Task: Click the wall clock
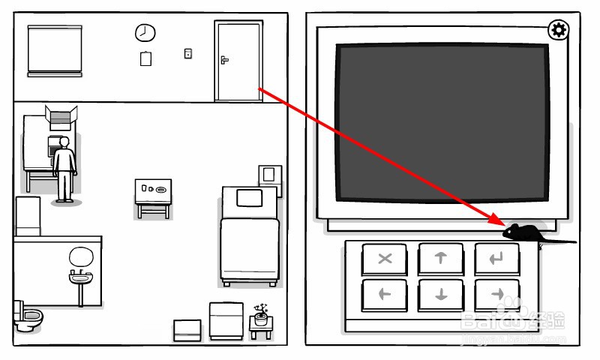(145, 33)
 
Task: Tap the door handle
(224, 59)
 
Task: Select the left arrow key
(385, 294)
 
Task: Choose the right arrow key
(497, 294)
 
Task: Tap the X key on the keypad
(385, 259)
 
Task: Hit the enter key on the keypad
(497, 259)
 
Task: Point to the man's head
(64, 142)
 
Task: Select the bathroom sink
(80, 278)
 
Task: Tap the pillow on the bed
(248, 198)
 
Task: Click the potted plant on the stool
(261, 313)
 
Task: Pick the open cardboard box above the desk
(61, 116)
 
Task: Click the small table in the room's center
(153, 192)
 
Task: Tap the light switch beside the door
(187, 53)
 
